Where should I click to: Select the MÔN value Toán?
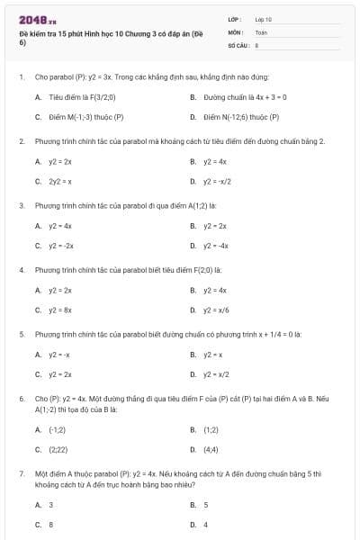point(261,31)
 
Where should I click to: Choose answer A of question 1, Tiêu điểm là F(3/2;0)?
point(82,96)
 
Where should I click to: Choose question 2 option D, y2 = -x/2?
point(218,181)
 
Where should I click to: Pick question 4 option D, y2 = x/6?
point(216,309)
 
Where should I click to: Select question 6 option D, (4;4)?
point(212,449)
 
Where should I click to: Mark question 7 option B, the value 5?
point(206,505)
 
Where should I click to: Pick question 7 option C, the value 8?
point(51,524)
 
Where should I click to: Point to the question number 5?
point(21,333)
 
